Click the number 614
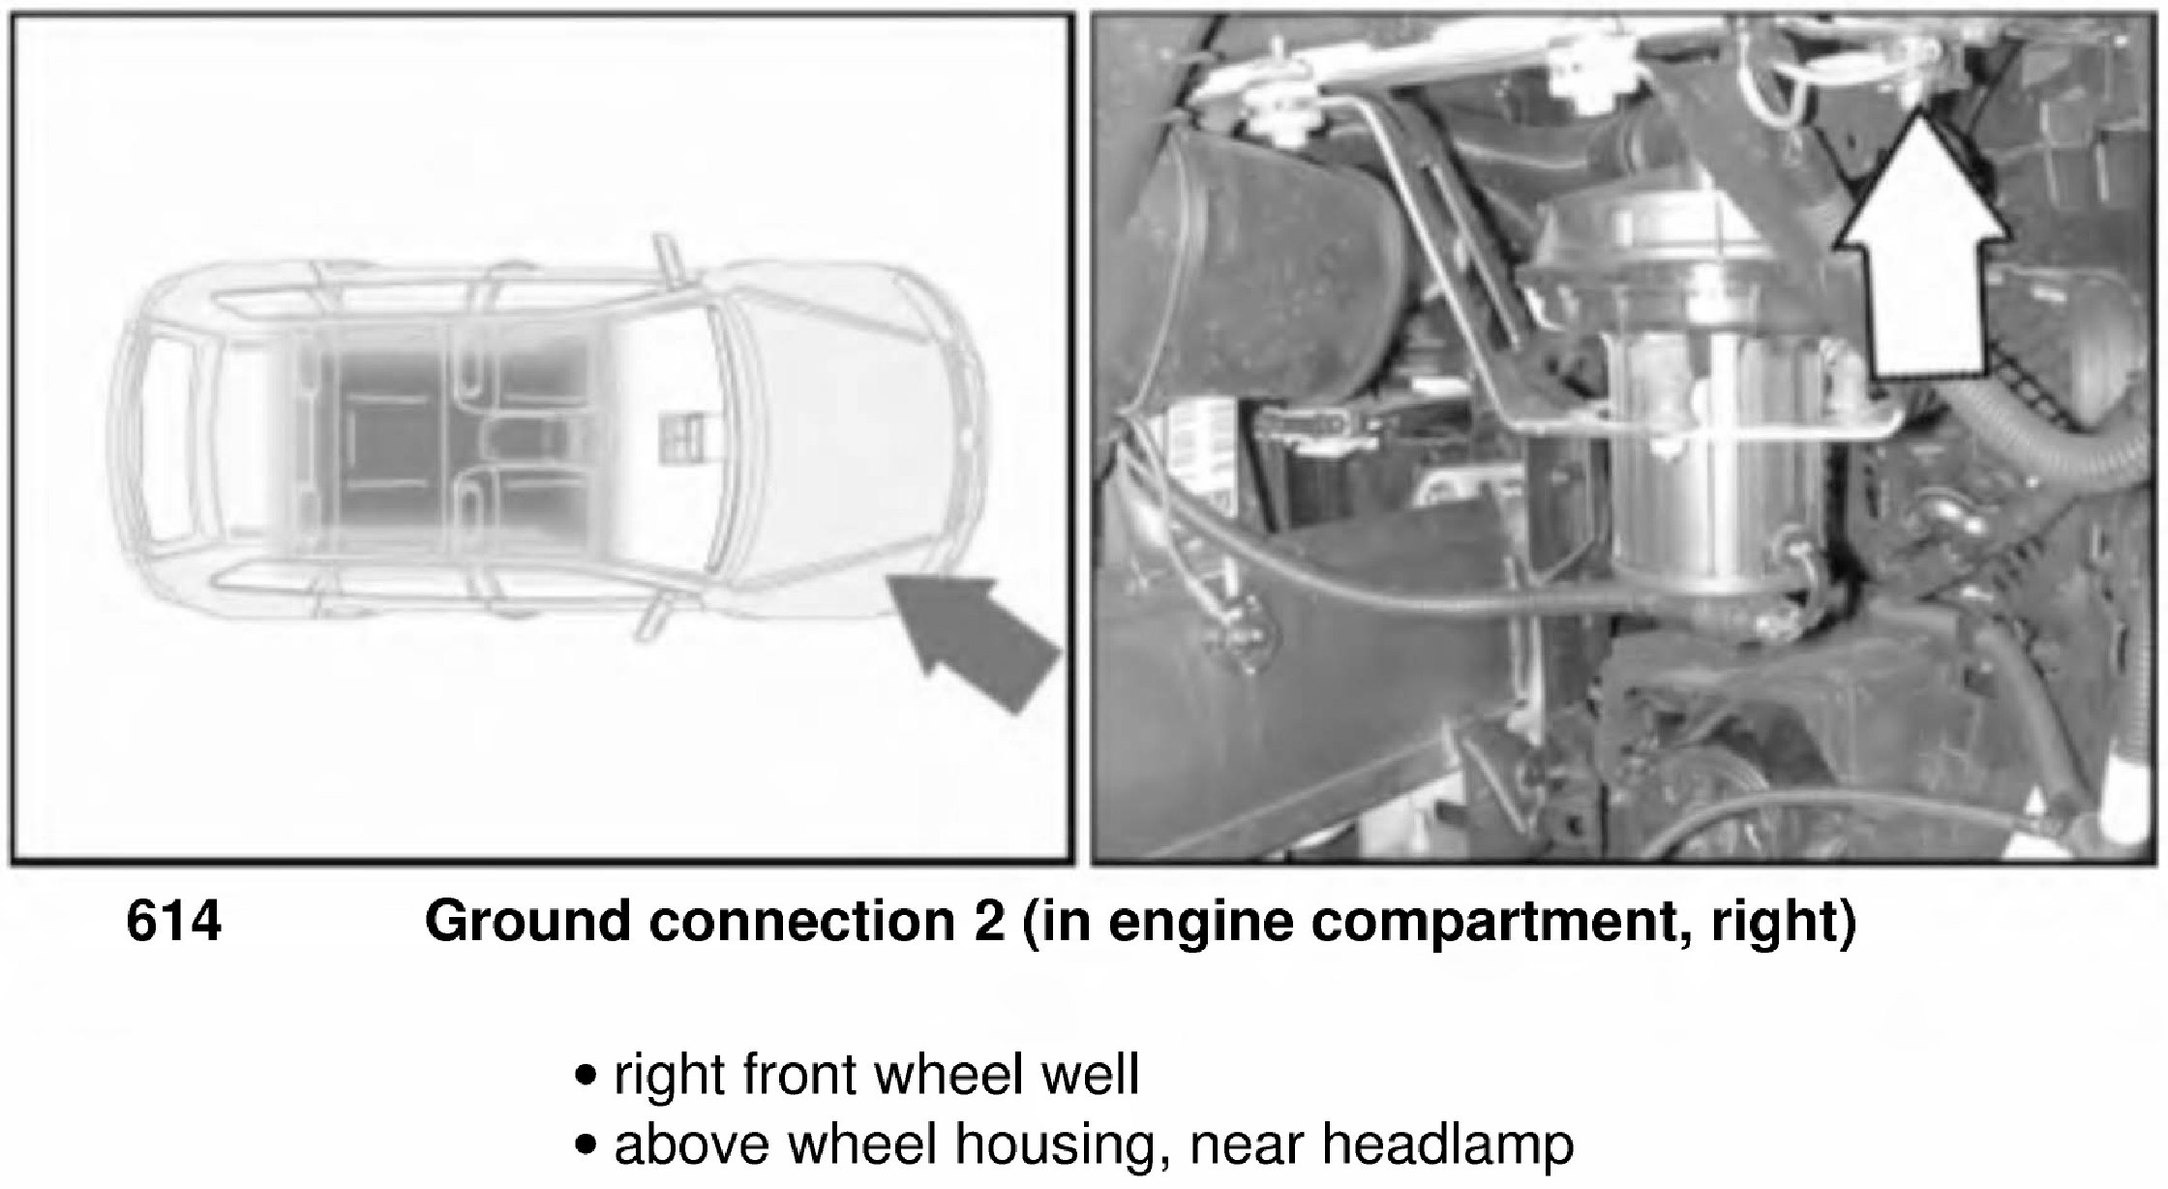174,921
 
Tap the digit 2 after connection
988,921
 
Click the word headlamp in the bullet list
1448,1146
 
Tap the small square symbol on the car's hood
681,438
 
